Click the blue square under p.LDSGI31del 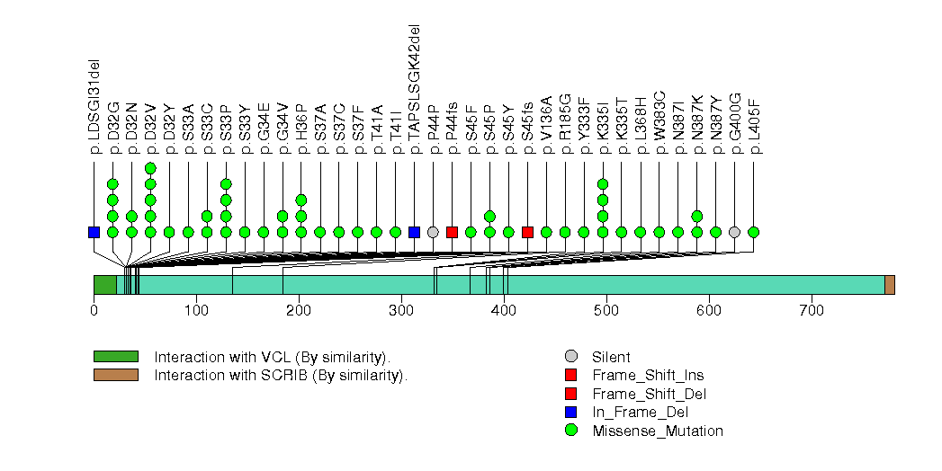(94, 232)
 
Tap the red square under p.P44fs (452, 232)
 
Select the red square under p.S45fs (527, 232)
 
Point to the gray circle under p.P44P (433, 232)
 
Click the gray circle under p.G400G (734, 232)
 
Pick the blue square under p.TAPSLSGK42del (414, 232)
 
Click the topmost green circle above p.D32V (150, 168)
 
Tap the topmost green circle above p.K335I (603, 184)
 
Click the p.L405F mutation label (754, 127)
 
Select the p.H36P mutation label (301, 127)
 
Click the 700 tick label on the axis (812, 310)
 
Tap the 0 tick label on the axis (94, 310)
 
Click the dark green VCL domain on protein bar (104, 285)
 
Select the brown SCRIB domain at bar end (889, 285)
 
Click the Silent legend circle (570, 357)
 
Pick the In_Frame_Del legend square (570, 412)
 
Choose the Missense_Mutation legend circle (570, 431)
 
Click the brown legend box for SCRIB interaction (116, 375)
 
